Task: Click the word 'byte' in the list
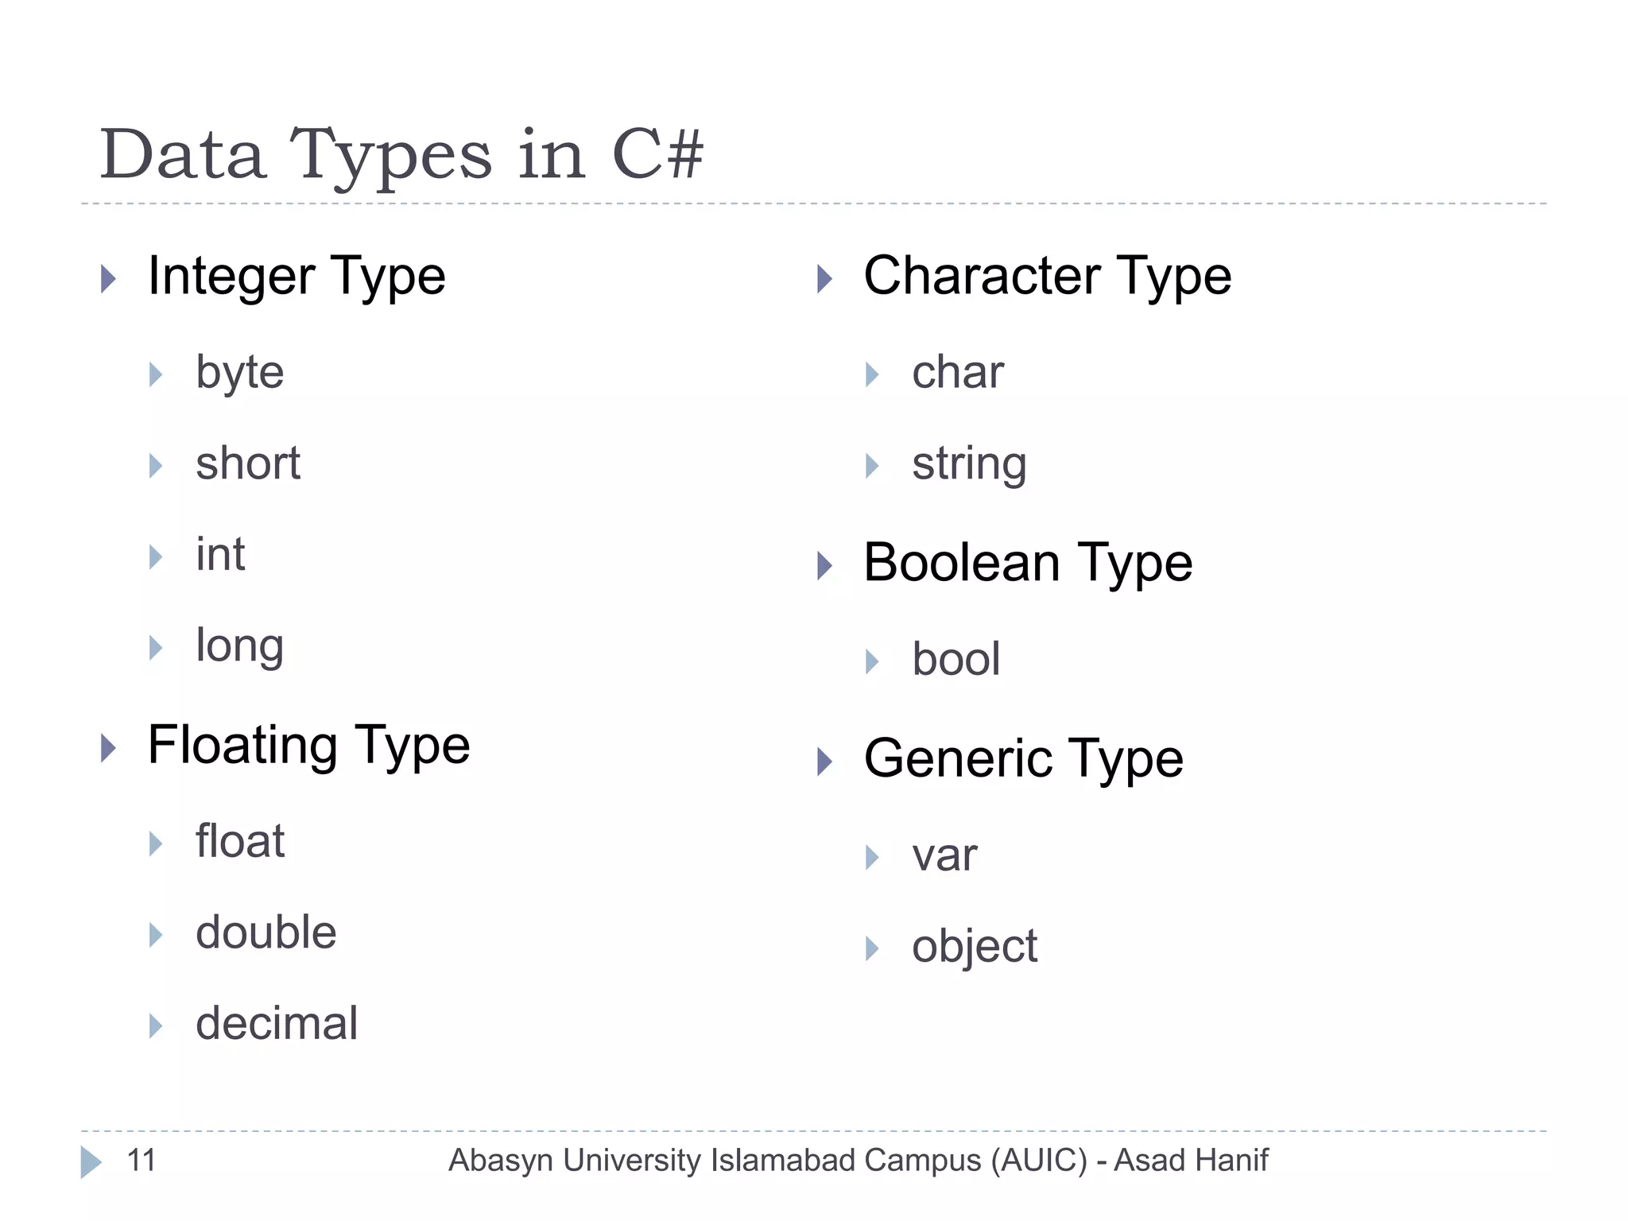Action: (239, 373)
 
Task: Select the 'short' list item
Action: (248, 463)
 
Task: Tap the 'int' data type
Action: (220, 555)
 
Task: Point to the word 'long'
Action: (239, 646)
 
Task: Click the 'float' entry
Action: (239, 842)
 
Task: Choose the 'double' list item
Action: (266, 932)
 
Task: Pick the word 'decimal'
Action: (277, 1024)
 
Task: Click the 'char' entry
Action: (957, 373)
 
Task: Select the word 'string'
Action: (968, 464)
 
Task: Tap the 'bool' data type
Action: (955, 660)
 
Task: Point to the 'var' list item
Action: (944, 856)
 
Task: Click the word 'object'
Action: (974, 947)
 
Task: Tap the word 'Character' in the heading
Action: (982, 277)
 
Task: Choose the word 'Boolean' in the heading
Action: (962, 563)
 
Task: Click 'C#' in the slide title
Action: (657, 154)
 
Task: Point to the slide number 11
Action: (141, 1161)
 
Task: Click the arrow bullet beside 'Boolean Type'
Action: (825, 566)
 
